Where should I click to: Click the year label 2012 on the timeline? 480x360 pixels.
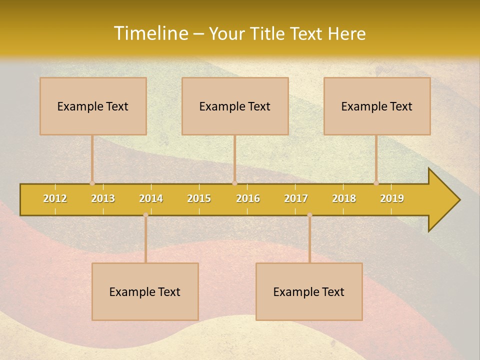point(55,198)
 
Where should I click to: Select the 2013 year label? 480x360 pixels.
point(103,198)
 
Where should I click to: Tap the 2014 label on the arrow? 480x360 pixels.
point(151,198)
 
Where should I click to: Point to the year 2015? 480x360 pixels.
point(199,198)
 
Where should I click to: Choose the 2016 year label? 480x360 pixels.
point(248,198)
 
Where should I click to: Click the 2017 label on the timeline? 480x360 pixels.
point(296,198)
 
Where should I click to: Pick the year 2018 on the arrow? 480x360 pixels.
point(344,198)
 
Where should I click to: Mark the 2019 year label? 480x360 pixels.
point(392,198)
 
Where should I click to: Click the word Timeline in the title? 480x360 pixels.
point(150,33)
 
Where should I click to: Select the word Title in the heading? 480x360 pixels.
point(268,33)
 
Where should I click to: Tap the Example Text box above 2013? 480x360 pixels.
point(93,106)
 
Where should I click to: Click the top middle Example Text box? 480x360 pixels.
point(235,106)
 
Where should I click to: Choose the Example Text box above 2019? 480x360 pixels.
point(377,106)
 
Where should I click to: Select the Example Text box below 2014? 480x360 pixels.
point(145,291)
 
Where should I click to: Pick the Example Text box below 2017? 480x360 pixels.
point(309,291)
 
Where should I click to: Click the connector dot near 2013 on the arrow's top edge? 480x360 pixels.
point(92,183)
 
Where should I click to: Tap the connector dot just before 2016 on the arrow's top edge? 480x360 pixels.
point(234,183)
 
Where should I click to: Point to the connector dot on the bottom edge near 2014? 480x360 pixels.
point(145,215)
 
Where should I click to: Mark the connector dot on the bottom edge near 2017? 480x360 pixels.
point(309,215)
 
